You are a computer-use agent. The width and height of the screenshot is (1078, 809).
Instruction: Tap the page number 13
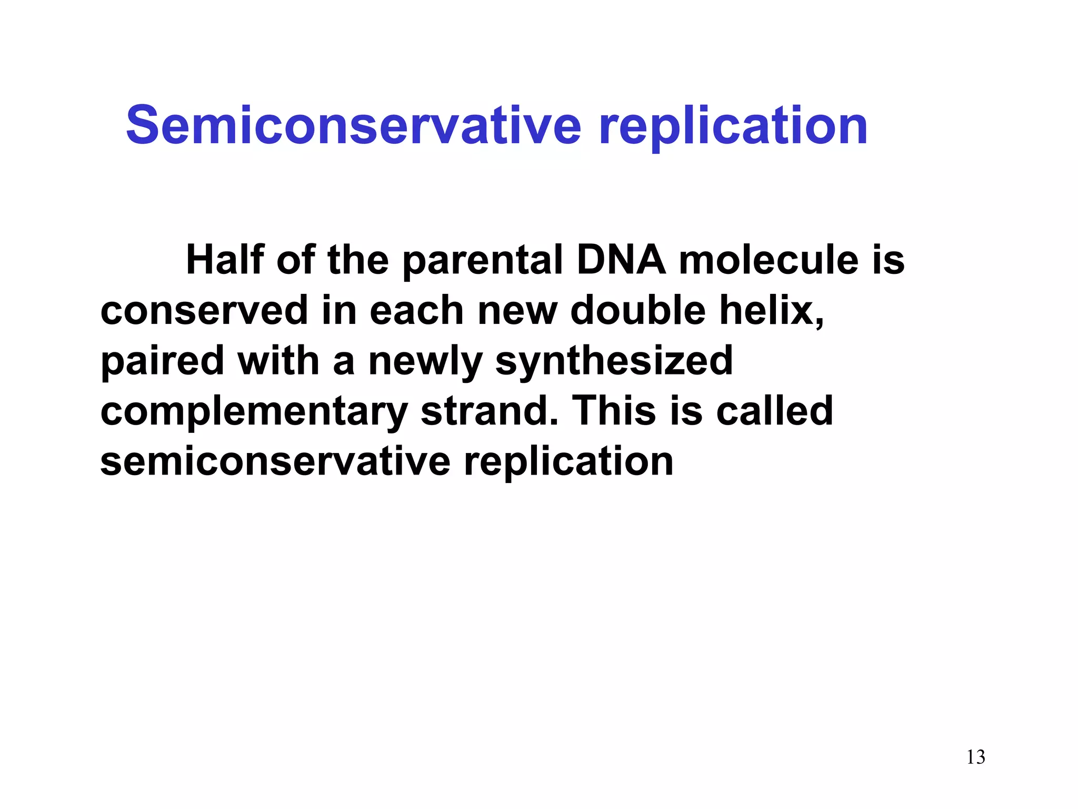(x=975, y=757)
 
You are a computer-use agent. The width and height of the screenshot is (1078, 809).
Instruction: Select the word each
(x=416, y=311)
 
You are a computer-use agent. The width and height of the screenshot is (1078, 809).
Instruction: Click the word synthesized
(x=614, y=361)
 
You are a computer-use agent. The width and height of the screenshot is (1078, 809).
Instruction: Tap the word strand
(x=489, y=411)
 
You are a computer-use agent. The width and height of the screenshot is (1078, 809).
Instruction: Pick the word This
(x=614, y=411)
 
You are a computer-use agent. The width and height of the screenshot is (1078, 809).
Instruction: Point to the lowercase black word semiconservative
(x=275, y=462)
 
